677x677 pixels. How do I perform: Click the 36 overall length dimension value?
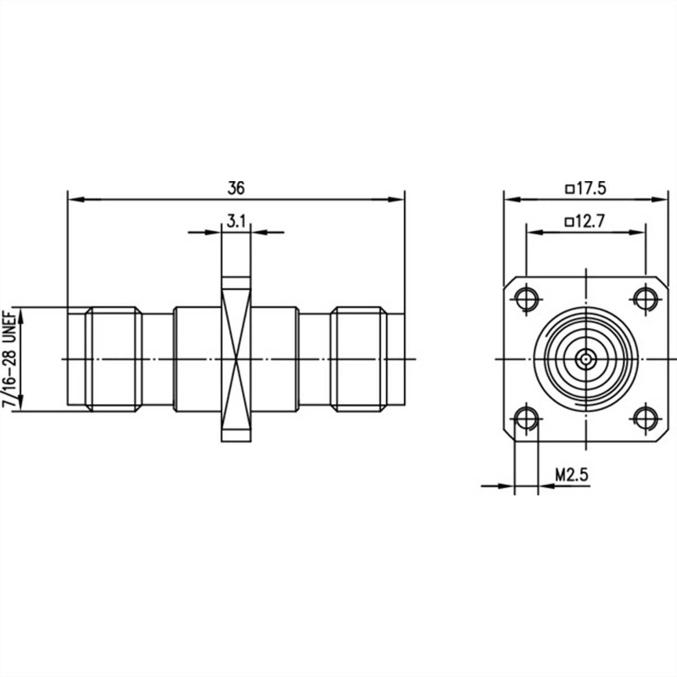pyautogui.click(x=236, y=188)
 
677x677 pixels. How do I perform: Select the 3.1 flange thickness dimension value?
pyautogui.click(x=236, y=222)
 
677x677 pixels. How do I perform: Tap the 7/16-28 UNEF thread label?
pyautogui.click(x=10, y=359)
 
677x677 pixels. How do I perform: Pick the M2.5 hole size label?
pyautogui.click(x=572, y=474)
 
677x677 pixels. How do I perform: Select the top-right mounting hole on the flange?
pyautogui.click(x=644, y=298)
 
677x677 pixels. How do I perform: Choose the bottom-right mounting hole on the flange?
pyautogui.click(x=644, y=419)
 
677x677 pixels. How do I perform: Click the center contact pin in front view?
pyautogui.click(x=586, y=358)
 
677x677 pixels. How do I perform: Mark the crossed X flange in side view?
pyautogui.click(x=236, y=359)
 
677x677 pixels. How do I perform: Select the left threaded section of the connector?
pyautogui.click(x=113, y=359)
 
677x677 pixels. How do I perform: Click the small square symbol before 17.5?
pyautogui.click(x=569, y=189)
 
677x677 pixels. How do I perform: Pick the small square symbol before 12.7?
pyautogui.click(x=569, y=222)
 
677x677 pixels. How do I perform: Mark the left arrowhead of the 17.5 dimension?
pyautogui.click(x=509, y=199)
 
